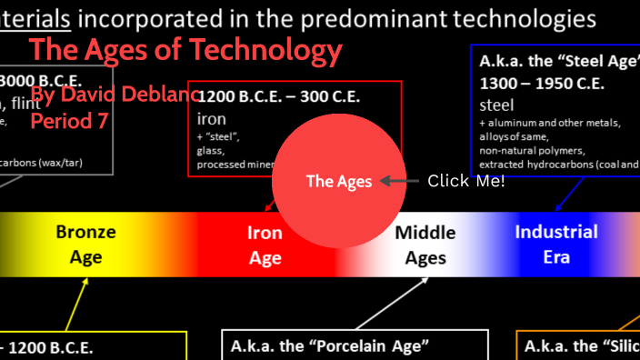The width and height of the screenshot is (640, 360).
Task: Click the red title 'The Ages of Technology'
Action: click(185, 51)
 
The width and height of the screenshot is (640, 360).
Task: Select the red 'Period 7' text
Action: click(69, 120)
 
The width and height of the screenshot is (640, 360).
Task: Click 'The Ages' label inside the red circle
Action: click(338, 181)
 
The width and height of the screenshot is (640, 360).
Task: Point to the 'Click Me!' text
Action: click(465, 181)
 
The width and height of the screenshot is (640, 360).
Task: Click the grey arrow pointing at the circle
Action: click(398, 181)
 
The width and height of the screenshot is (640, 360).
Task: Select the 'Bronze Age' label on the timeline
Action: click(85, 245)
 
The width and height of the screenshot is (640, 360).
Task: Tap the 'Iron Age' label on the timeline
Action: click(265, 245)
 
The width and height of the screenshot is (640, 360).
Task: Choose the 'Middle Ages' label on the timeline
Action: click(425, 245)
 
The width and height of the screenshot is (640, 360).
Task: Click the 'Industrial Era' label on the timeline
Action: click(556, 244)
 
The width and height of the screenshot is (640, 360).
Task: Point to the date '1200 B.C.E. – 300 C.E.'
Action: click(281, 97)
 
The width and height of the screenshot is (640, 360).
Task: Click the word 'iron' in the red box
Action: click(211, 118)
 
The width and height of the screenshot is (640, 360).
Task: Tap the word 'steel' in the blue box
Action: click(496, 105)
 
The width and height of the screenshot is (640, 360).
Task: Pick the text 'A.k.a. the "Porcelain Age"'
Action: click(329, 345)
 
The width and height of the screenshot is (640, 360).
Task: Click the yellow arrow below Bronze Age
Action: click(76, 305)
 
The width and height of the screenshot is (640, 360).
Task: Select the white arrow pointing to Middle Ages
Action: click(391, 305)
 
